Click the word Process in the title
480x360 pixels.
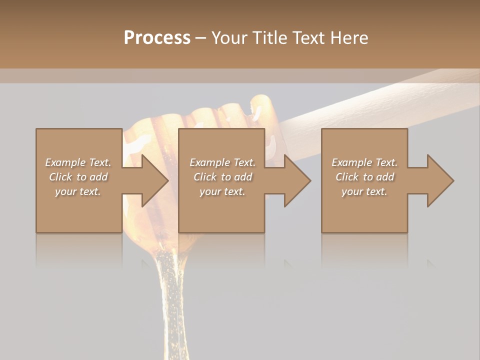(157, 38)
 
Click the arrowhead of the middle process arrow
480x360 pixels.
(296, 180)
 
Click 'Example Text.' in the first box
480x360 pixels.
(78, 162)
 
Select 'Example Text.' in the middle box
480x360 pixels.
(222, 162)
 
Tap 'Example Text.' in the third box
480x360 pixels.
(364, 162)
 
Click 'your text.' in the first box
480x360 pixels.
(78, 191)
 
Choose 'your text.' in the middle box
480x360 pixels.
(222, 191)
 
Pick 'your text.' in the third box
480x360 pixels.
(364, 191)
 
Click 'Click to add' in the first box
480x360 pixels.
(78, 177)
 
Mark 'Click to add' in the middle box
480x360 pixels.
(222, 177)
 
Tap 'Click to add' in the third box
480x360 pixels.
(364, 177)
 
